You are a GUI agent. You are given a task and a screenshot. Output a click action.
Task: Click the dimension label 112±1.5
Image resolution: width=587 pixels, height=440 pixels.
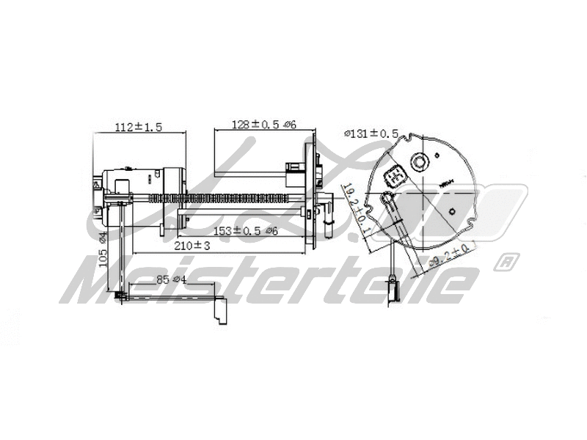click(138, 126)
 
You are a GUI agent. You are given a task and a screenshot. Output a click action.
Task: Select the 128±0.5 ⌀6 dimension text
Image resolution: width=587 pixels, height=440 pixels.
click(254, 124)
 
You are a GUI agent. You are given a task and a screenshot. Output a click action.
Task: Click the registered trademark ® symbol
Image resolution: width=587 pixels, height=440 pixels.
click(505, 261)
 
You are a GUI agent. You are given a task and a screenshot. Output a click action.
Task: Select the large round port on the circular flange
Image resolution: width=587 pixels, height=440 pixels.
click(420, 160)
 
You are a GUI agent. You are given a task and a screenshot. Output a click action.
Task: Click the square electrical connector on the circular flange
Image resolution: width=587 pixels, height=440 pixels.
click(394, 176)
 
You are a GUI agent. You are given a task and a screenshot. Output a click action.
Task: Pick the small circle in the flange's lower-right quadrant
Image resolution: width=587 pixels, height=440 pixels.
click(453, 213)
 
